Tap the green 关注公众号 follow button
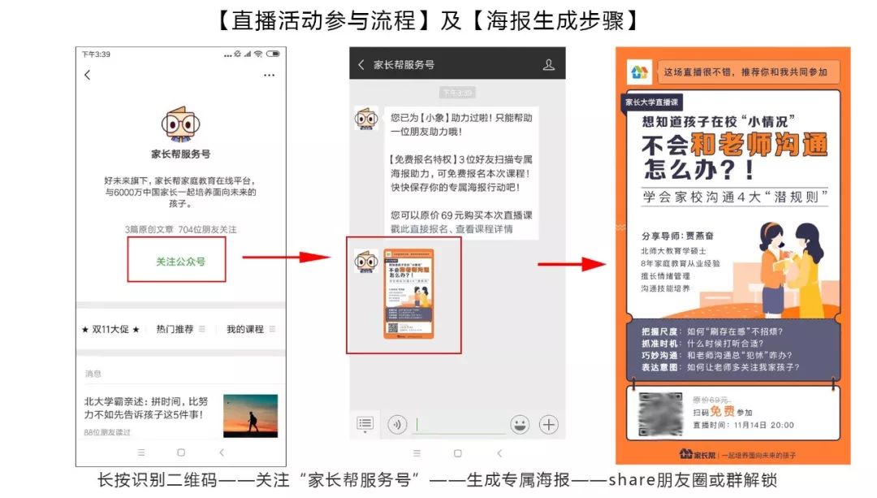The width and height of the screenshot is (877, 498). tap(180, 262)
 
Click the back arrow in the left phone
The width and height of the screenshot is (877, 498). tap(88, 76)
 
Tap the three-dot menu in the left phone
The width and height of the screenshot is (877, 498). tap(269, 76)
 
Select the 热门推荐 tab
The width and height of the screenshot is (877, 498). tap(175, 329)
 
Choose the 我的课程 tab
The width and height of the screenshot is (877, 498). tap(245, 329)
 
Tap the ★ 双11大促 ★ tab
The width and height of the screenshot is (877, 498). tap(110, 329)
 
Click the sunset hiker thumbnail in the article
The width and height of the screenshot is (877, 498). tap(250, 415)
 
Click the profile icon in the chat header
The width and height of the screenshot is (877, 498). tap(548, 65)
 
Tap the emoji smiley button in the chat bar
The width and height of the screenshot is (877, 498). tap(520, 424)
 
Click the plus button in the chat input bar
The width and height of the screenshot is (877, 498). tap(549, 424)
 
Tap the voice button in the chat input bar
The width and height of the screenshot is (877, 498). tap(397, 424)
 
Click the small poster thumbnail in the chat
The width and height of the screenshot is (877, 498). tap(408, 293)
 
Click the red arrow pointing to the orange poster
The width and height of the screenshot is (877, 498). tap(582, 263)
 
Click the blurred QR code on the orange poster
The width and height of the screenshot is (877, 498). tap(659, 414)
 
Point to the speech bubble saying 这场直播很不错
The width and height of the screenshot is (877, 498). tap(746, 72)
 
